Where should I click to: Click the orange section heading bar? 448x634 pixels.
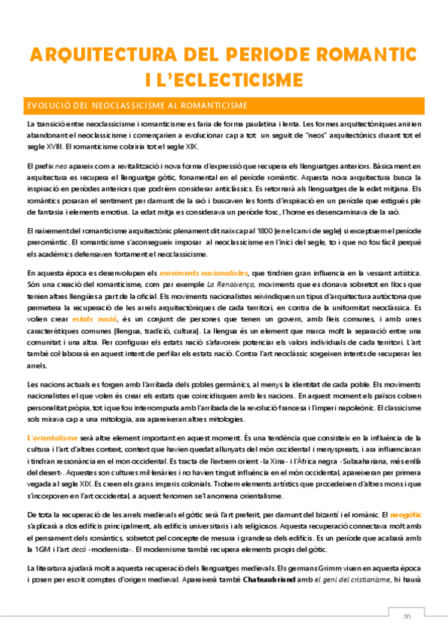tap(224, 105)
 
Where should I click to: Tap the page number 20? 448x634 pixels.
tap(407, 617)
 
